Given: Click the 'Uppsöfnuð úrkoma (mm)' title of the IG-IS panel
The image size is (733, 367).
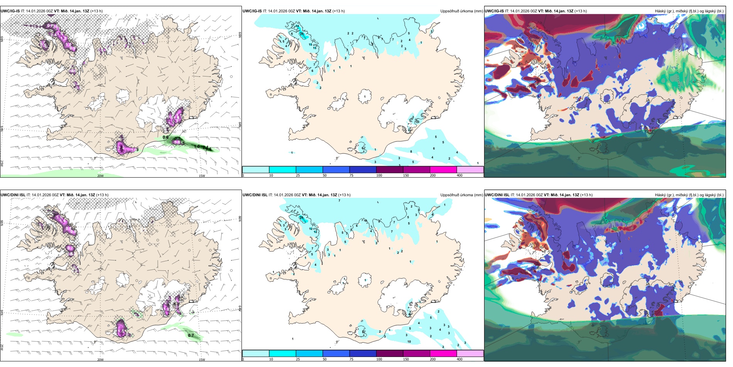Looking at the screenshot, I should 461,11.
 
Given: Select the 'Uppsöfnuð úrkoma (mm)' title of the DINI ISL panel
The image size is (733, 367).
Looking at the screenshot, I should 461,195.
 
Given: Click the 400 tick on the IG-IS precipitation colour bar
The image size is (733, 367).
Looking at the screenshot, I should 459,175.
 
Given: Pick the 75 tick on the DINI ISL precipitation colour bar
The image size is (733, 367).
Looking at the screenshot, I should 351,359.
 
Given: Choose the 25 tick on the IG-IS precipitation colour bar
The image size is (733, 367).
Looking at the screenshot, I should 298,175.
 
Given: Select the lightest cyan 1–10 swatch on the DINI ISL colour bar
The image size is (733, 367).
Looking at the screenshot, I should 255,353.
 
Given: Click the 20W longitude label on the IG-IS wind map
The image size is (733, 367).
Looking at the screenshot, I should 100,176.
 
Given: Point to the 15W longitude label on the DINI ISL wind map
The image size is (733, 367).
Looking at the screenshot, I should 201,360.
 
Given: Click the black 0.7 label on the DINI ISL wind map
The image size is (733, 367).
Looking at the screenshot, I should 191,335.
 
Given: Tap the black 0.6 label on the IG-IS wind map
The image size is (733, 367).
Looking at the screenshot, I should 166,137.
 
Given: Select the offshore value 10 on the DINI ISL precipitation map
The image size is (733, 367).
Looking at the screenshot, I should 409,342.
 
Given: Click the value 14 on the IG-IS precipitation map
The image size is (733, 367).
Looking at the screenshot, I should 297,26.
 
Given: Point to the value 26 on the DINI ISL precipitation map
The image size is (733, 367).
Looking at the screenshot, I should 301,218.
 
